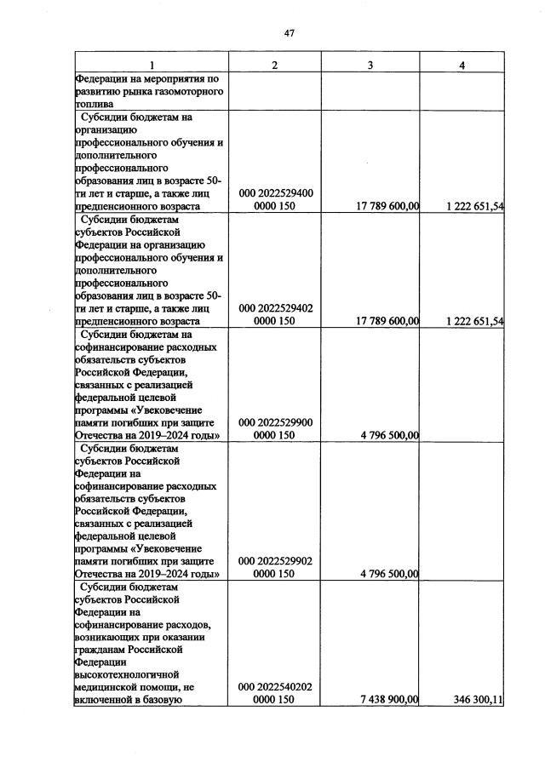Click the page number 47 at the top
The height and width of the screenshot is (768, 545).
[289, 33]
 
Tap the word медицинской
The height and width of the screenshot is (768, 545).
[106, 687]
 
